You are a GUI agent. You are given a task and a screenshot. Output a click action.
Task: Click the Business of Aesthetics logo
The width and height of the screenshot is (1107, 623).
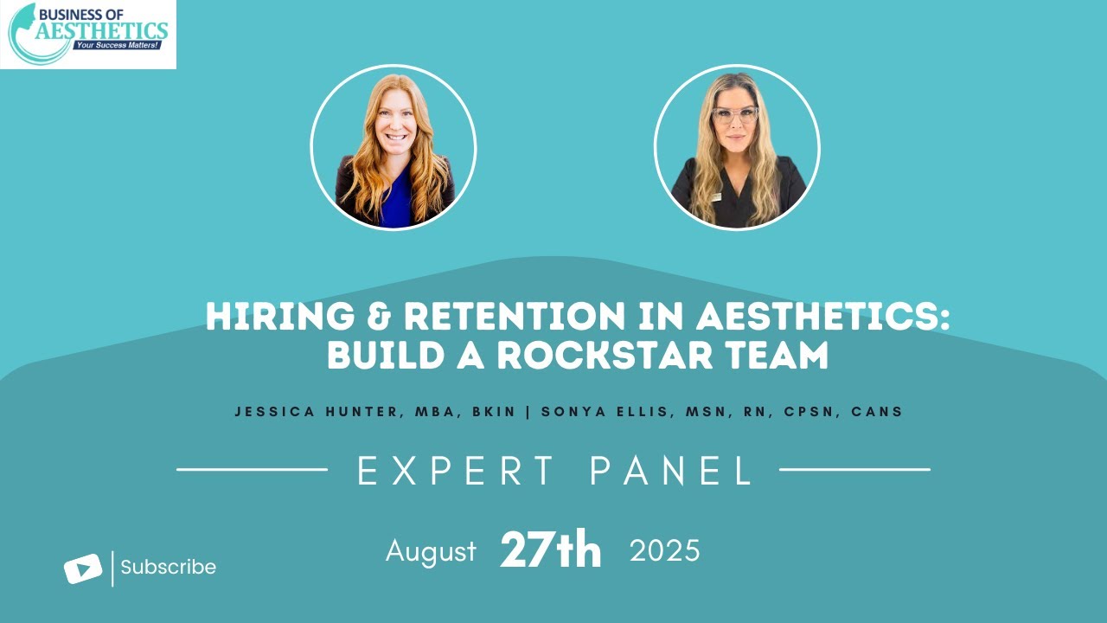point(88,35)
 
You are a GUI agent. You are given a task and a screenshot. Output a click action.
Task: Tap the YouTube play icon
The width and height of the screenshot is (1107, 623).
point(83,568)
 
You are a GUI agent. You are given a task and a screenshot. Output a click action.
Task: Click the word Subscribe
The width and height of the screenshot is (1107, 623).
point(168,568)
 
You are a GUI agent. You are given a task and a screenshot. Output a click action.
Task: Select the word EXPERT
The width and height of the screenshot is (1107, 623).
point(456,471)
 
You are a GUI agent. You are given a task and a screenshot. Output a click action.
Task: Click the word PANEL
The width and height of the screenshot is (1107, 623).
point(672,471)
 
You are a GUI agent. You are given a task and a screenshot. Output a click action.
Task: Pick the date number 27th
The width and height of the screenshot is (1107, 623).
point(550,551)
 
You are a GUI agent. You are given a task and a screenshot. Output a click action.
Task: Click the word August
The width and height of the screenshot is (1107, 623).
point(431,551)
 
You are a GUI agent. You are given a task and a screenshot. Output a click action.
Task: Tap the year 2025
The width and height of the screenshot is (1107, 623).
point(664,551)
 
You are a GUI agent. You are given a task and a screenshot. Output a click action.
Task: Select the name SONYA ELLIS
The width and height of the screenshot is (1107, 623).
point(603,412)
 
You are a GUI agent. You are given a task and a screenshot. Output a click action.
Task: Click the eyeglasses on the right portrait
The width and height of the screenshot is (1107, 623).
point(735,114)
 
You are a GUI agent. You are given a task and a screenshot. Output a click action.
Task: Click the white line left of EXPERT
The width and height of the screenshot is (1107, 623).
point(252,470)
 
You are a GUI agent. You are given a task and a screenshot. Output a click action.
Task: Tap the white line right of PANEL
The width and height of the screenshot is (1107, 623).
point(854,470)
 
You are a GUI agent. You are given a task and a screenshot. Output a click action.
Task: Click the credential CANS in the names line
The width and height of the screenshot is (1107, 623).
point(877,412)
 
